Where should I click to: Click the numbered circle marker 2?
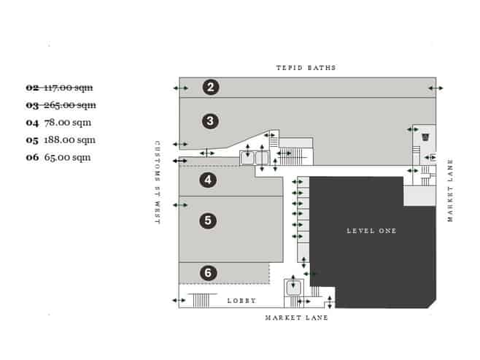[210, 88]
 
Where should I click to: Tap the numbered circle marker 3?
[210, 121]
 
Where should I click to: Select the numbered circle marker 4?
[209, 180]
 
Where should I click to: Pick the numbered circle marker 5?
[209, 219]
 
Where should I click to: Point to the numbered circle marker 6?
[209, 273]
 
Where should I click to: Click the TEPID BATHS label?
[306, 68]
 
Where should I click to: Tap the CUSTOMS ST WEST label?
[157, 183]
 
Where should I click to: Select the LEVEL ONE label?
[371, 231]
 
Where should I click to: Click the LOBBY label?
[241, 300]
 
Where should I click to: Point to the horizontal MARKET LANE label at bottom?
[296, 318]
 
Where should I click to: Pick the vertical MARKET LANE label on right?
[450, 190]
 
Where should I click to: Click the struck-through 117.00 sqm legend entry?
[61, 88]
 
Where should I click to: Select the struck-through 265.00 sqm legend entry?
[61, 105]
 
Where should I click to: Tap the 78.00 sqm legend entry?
[58, 123]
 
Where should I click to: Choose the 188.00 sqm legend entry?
[61, 139]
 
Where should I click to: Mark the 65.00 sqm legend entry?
[58, 157]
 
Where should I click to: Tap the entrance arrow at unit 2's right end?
[436, 88]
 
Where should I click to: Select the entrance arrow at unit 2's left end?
[179, 88]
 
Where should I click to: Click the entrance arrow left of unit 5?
[179, 204]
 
